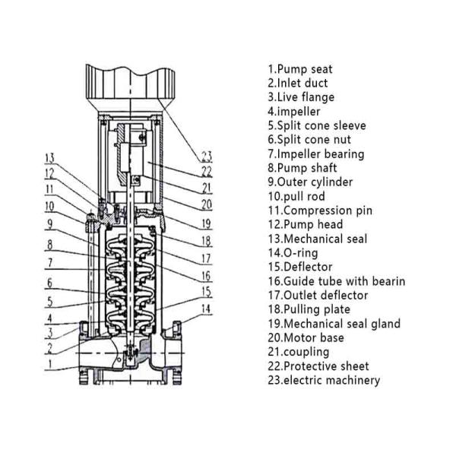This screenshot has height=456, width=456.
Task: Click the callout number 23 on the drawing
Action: (x=206, y=157)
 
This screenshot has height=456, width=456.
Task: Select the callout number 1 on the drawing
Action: (x=50, y=364)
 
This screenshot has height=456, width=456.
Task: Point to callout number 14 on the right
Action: (x=206, y=309)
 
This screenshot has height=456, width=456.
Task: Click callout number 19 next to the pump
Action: (x=206, y=224)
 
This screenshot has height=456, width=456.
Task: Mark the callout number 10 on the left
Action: (x=49, y=206)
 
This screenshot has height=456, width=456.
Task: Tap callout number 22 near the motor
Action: (x=206, y=172)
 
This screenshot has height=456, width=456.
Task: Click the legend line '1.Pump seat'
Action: (x=299, y=69)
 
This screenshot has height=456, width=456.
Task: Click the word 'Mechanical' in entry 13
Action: (x=312, y=239)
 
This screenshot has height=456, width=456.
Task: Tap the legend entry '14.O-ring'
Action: (x=293, y=253)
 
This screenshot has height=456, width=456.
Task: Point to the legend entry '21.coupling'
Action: (x=298, y=352)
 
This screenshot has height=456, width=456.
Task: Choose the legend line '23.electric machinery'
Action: (x=323, y=380)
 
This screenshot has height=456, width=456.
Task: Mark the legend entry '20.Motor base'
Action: (x=306, y=337)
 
